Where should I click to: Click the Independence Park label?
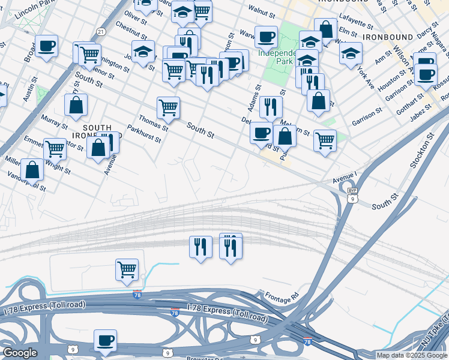[276, 57]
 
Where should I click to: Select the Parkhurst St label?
[144, 134]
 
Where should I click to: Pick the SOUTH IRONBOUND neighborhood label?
[97, 132]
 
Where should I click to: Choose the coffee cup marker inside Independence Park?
[266, 37]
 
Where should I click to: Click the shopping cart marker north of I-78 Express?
[127, 270]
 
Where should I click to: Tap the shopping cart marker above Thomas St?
[168, 108]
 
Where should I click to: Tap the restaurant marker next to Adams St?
[271, 107]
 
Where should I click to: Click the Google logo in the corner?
[20, 353]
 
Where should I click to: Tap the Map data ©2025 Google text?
[412, 355]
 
